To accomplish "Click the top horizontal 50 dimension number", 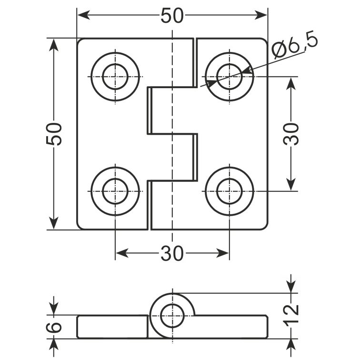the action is pos(172,16).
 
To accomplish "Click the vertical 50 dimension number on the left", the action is pos(54,134).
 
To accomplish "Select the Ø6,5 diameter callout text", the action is pos(295,47).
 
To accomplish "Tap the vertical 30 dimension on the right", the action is pos(291,134).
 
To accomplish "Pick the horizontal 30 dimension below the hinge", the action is pos(172,253).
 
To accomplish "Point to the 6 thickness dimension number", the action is pos(54,327).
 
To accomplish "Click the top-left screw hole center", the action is pos(115,77).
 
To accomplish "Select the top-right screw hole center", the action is pos(230,77).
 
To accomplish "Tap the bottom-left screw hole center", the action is pos(115,191).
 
